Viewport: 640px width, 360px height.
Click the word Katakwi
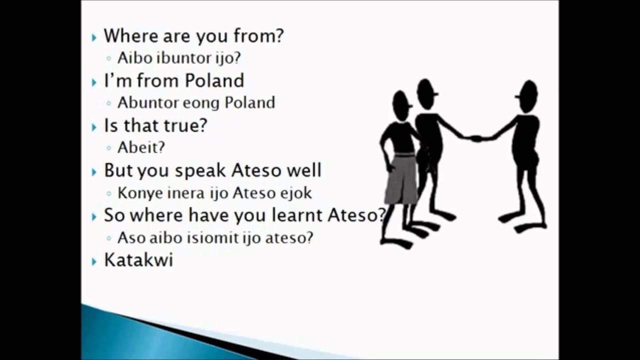[138, 260]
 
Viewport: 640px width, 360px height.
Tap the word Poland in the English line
[214, 80]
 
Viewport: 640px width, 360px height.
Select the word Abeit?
[141, 147]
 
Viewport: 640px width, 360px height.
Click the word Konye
[134, 193]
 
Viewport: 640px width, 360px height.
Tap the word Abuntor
[148, 103]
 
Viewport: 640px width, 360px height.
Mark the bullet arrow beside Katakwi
[94, 261]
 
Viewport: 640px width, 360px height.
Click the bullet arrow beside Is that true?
[94, 127]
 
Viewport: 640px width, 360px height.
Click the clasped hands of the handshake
[475, 138]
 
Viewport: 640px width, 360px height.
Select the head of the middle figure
[426, 93]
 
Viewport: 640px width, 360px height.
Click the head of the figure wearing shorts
[401, 104]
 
